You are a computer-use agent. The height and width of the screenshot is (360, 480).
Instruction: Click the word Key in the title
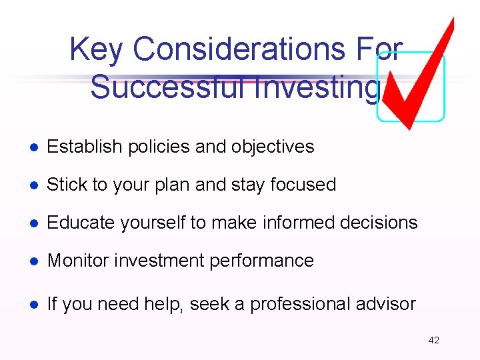[x=97, y=49]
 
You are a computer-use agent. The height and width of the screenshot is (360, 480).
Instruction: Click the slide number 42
[x=433, y=340]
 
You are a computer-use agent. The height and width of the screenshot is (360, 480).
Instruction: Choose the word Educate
[x=74, y=223]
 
